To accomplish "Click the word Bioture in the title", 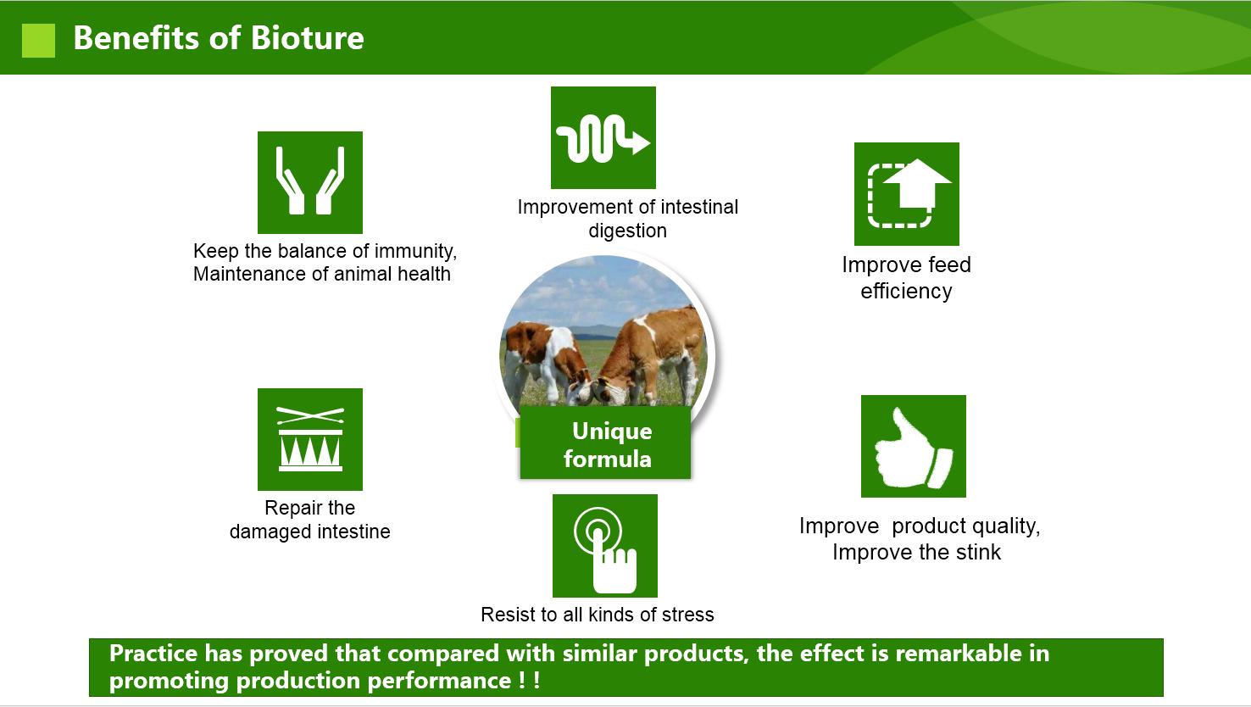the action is (x=307, y=38).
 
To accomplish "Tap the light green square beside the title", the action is (x=38, y=40).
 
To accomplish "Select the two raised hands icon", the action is (x=310, y=182).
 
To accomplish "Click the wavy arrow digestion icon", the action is (x=603, y=137).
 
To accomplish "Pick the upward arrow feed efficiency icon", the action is (x=906, y=194).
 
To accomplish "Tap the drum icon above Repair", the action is (x=310, y=439).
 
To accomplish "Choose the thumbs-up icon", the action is (x=913, y=446).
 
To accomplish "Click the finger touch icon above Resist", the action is (x=605, y=546).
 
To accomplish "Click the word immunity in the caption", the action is (x=415, y=252).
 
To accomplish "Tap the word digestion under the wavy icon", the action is (x=628, y=231).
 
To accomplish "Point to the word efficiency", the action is (x=906, y=291).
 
